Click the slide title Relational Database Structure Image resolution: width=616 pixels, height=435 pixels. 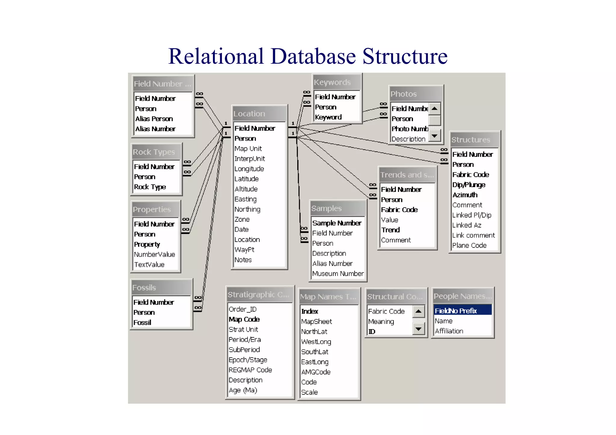pyautogui.click(x=308, y=56)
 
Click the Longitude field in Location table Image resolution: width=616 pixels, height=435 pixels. pyautogui.click(x=249, y=169)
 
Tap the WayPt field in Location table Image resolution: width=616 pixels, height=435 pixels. pyautogui.click(x=244, y=250)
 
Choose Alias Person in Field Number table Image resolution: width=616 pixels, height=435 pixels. pyautogui.click(x=154, y=119)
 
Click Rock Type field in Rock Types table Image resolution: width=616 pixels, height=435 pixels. pyautogui.click(x=150, y=187)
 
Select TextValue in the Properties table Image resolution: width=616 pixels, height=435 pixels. pyautogui.click(x=149, y=265)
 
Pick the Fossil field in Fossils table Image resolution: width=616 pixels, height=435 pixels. pyautogui.click(x=142, y=323)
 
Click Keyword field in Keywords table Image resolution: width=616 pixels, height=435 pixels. pyautogui.click(x=328, y=117)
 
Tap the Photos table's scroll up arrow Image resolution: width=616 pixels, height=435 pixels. pyautogui.click(x=434, y=108)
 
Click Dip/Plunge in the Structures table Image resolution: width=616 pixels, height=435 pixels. pyautogui.click(x=469, y=185)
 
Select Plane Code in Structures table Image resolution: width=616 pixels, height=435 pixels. pyautogui.click(x=469, y=245)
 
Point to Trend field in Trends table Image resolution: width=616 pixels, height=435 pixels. pyautogui.click(x=390, y=230)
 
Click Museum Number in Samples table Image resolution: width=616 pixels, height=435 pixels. pyautogui.click(x=338, y=274)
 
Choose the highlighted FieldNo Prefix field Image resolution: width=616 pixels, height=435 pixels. pyautogui.click(x=456, y=311)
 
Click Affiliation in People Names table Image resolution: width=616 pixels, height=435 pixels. pyautogui.click(x=449, y=331)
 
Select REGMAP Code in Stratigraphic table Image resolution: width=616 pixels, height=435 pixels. pyautogui.click(x=250, y=370)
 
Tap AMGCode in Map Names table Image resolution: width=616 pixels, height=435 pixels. pyautogui.click(x=316, y=372)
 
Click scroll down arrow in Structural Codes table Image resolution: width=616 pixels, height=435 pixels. pyautogui.click(x=418, y=329)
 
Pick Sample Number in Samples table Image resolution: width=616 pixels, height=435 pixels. pyautogui.click(x=337, y=223)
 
